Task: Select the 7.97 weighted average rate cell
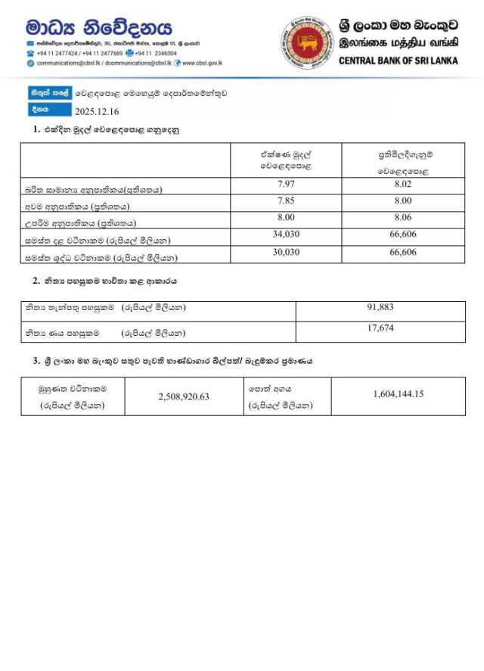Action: click(286, 185)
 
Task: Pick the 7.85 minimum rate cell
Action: click(286, 202)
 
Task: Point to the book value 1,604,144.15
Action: click(398, 394)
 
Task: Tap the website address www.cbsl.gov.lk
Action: click(203, 64)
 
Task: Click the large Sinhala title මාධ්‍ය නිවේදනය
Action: click(98, 28)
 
